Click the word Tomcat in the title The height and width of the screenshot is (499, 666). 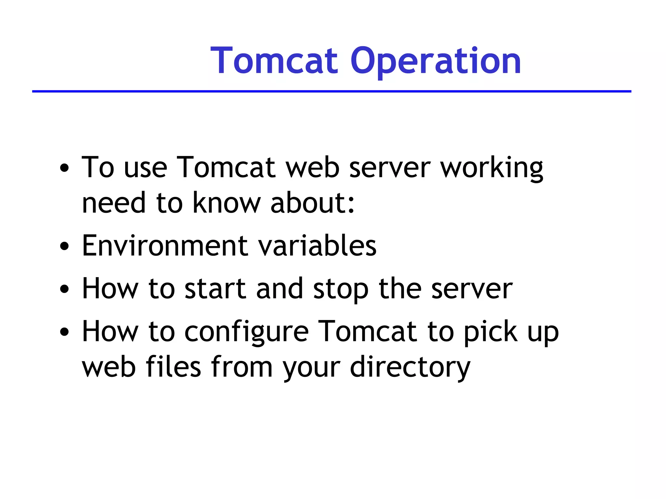coord(275,61)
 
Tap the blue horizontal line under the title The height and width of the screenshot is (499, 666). coord(332,92)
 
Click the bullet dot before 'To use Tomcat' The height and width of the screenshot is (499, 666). coord(65,168)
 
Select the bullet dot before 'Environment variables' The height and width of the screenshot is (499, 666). coord(65,246)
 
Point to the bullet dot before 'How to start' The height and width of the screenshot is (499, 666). coord(65,289)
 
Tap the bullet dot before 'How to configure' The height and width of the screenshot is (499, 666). coord(65,332)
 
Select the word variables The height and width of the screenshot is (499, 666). coord(317,246)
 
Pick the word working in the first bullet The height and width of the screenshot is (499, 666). coord(491,168)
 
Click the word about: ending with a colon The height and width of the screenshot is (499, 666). coord(313,203)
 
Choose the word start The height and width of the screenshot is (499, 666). coord(215,289)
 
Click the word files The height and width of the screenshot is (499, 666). coord(174,367)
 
